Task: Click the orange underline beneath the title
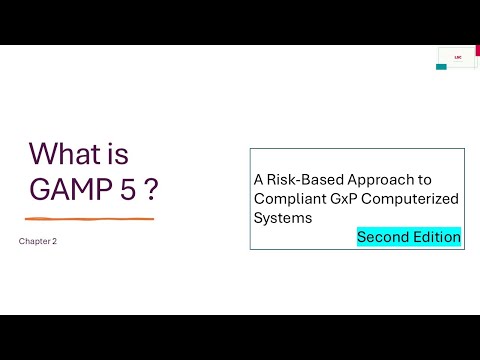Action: (x=90, y=218)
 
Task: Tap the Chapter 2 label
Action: (x=38, y=241)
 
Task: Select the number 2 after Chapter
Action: (x=54, y=241)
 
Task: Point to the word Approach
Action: (x=369, y=180)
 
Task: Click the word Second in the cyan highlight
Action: (x=384, y=238)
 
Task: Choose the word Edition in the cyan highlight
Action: (x=437, y=238)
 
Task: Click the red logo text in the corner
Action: (x=456, y=56)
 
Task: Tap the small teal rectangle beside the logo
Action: (x=441, y=67)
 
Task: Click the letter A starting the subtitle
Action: (x=258, y=180)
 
